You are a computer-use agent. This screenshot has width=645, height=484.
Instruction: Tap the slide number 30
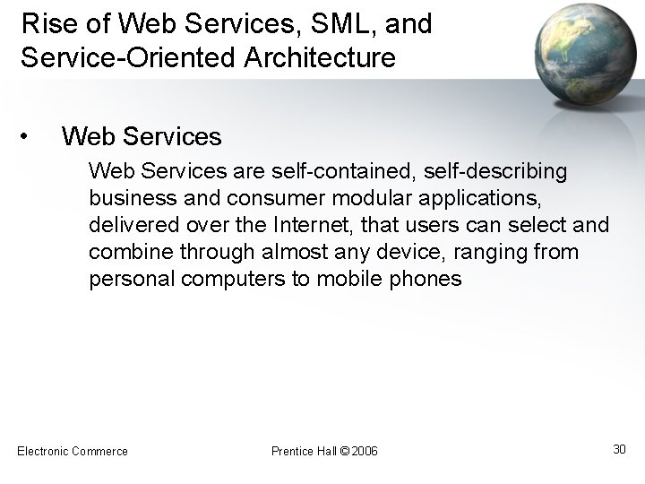tap(618, 448)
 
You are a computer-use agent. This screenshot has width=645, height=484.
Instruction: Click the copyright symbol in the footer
tap(345, 451)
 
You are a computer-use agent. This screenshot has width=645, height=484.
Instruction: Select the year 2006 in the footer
tap(365, 451)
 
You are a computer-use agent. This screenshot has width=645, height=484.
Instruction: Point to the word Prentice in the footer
tap(290, 451)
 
